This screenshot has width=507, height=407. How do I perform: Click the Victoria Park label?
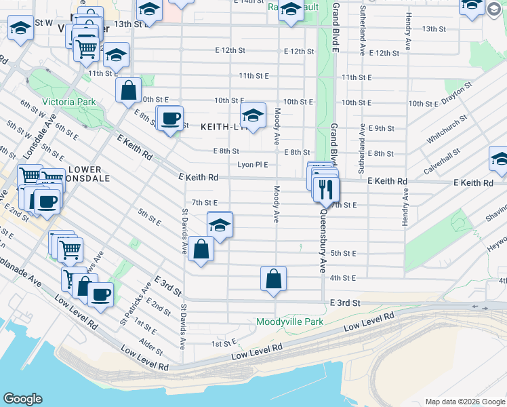[x=68, y=102]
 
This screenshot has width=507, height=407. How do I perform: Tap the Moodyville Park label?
[x=290, y=322]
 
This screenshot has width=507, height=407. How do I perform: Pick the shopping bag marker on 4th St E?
[x=273, y=279]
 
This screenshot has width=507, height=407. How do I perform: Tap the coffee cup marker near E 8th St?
[x=171, y=118]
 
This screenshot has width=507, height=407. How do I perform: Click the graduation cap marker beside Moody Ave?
[x=253, y=116]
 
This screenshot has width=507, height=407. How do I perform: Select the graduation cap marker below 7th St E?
[x=220, y=225]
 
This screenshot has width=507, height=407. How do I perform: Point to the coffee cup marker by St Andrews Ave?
[x=100, y=294]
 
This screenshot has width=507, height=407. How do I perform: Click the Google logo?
[x=22, y=399]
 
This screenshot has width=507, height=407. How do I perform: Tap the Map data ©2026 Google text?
[x=464, y=402]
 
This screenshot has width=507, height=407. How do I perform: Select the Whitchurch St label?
[x=447, y=130]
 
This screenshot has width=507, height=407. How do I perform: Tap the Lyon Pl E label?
[x=252, y=165]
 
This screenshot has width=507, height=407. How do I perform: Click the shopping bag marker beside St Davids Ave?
[x=201, y=249]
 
